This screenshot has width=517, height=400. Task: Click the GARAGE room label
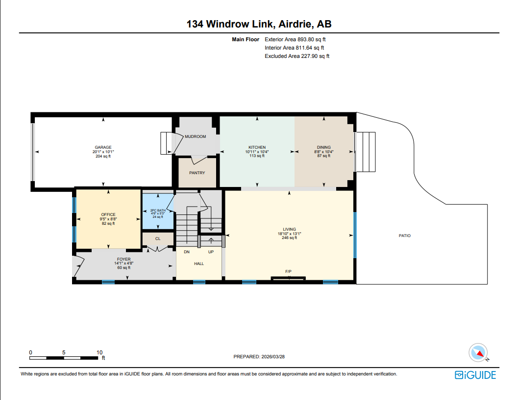click(x=103, y=147)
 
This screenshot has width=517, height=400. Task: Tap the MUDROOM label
click(x=195, y=136)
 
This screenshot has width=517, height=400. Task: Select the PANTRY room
click(x=197, y=173)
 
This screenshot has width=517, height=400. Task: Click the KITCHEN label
click(x=257, y=147)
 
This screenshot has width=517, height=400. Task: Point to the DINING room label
click(x=323, y=147)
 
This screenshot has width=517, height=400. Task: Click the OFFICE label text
click(x=108, y=214)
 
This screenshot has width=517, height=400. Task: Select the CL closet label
click(x=158, y=239)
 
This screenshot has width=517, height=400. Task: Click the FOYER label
click(x=123, y=259)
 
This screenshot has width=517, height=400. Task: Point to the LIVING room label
click(x=289, y=229)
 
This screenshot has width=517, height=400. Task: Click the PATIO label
click(x=404, y=236)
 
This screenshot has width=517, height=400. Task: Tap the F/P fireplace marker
click(x=289, y=271)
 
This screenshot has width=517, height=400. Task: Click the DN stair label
click(x=187, y=252)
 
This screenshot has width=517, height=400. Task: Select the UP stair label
click(x=211, y=252)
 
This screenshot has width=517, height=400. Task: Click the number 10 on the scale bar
click(x=99, y=352)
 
